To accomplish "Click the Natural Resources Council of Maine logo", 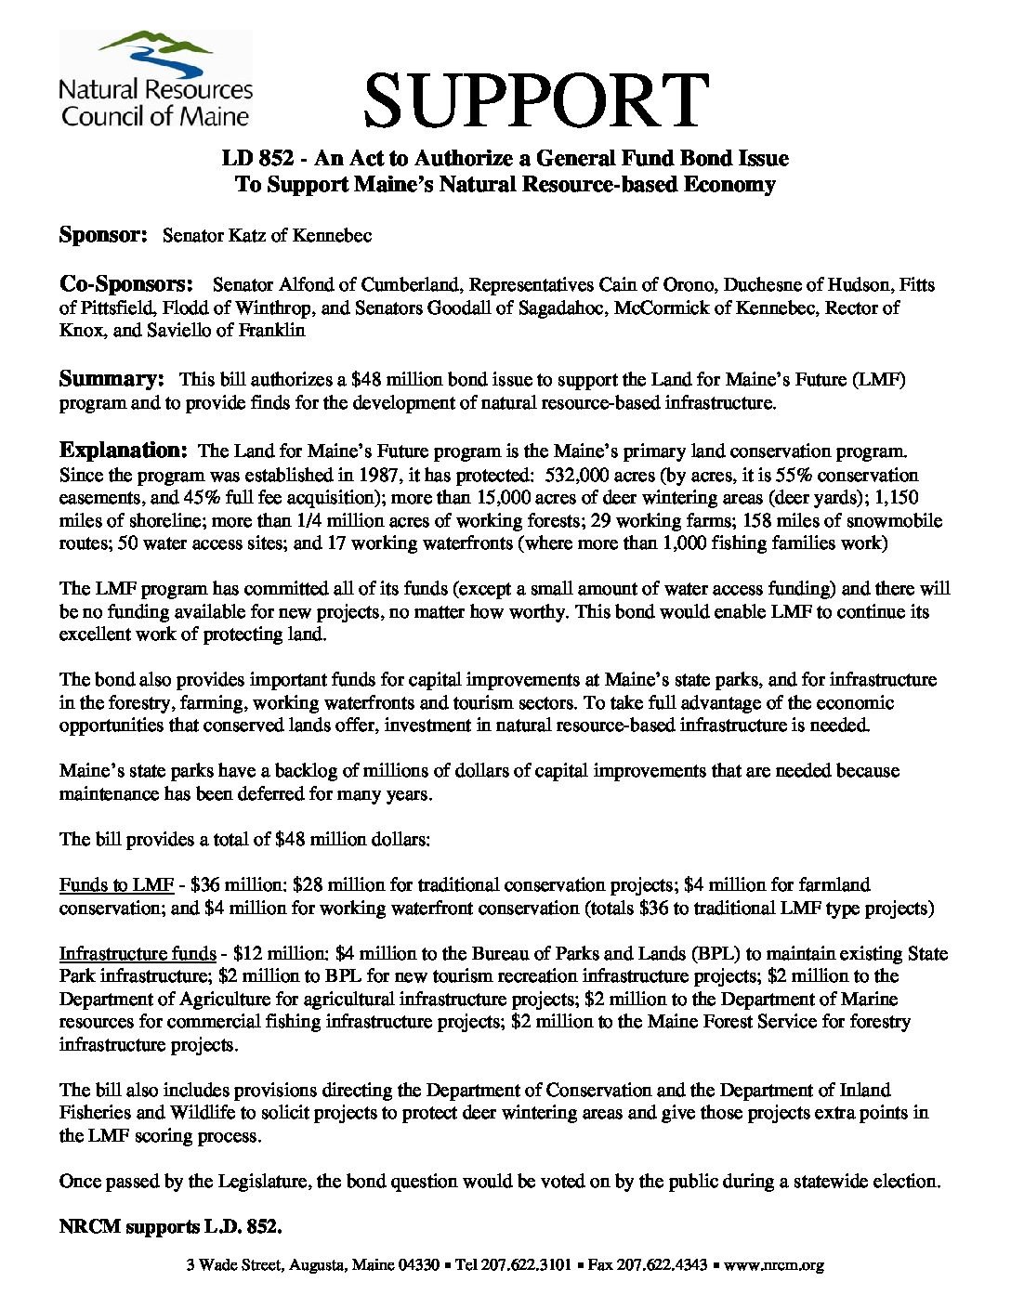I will click(155, 79).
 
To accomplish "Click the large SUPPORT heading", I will click(536, 100).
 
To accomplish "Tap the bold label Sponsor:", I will click(103, 235).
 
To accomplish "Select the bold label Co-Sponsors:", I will click(126, 283).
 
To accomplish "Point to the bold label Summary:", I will click(112, 379).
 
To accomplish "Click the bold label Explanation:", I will click(124, 451).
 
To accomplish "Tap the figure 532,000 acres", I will click(576, 475).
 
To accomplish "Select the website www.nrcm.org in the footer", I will click(774, 1264).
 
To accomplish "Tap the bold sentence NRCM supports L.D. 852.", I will click(170, 1227).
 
